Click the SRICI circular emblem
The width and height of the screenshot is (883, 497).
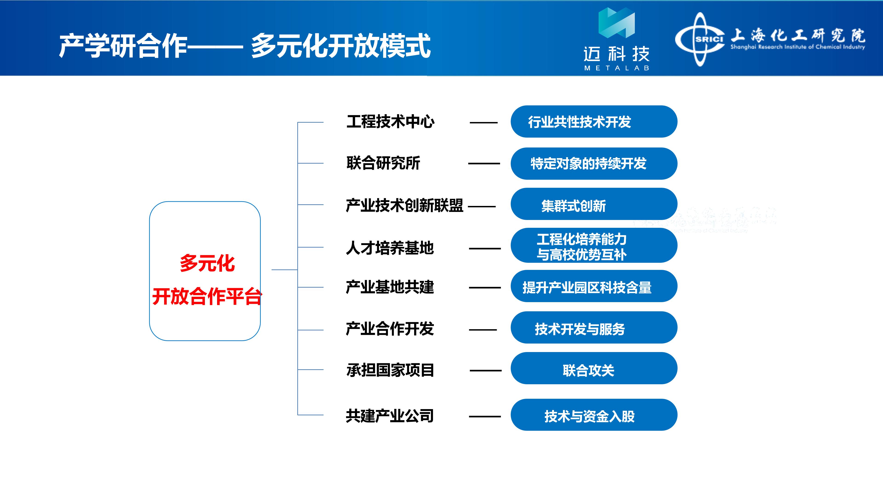click(x=700, y=39)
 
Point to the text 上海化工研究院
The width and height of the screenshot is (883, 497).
click(x=798, y=35)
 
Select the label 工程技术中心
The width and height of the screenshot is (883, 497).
click(x=390, y=122)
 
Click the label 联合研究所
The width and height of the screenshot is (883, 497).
click(x=383, y=163)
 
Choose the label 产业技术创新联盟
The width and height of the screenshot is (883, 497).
click(x=405, y=205)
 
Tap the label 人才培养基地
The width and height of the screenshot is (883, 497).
click(x=390, y=248)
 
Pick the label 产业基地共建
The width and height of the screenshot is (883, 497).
click(x=390, y=287)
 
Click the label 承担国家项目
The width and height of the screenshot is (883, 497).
click(x=390, y=370)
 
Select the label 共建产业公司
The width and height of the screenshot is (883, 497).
click(x=390, y=416)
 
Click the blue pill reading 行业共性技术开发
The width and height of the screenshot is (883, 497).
click(x=594, y=121)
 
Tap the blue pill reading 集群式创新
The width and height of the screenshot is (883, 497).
click(x=594, y=204)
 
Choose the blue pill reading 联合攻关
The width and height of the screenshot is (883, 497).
click(x=594, y=368)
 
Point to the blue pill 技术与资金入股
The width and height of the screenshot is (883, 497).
click(x=594, y=415)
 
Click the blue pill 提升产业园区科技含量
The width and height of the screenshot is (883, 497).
click(x=594, y=286)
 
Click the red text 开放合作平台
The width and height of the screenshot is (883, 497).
click(x=207, y=296)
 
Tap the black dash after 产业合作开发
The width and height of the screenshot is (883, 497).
click(x=483, y=330)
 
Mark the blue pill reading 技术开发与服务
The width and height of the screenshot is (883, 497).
click(x=594, y=328)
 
